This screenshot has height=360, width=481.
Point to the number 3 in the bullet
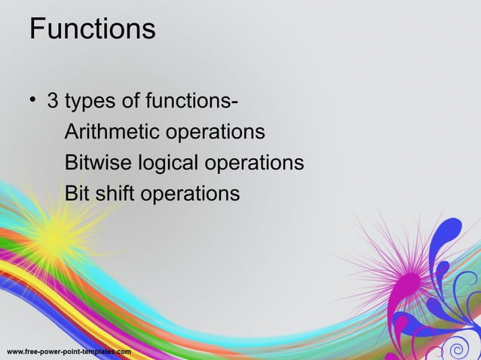(x=53, y=100)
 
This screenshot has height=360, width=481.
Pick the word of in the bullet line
(x=127, y=100)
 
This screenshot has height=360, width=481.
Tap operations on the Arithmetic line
(x=215, y=133)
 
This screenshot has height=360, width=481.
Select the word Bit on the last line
(x=76, y=194)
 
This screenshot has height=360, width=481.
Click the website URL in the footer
(x=69, y=352)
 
